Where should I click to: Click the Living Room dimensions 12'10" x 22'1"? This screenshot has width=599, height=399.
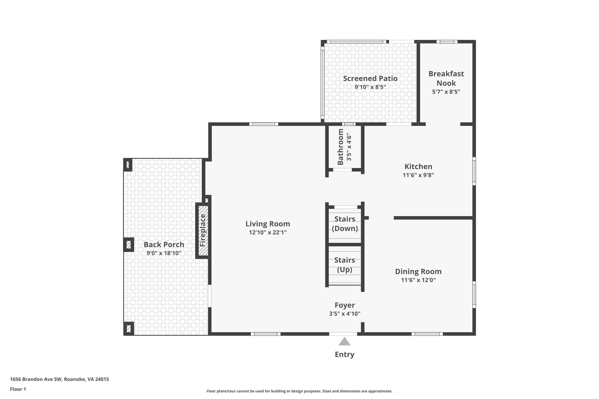[x=268, y=232]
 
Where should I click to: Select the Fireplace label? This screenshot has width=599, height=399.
[x=203, y=230]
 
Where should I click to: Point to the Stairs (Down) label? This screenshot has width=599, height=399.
[x=345, y=224]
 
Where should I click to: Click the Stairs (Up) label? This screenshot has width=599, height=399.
[x=345, y=265]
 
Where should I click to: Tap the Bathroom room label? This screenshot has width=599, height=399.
[x=340, y=147]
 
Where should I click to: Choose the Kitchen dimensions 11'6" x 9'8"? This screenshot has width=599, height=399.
[x=418, y=175]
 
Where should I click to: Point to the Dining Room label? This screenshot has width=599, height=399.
[x=418, y=272]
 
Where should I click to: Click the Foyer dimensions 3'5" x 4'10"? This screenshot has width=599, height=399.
[x=345, y=314]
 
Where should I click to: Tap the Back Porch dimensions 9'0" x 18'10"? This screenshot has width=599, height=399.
[x=164, y=253]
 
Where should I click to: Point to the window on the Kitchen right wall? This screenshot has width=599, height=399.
[x=474, y=171]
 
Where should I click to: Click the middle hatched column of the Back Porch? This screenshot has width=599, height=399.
[x=129, y=245]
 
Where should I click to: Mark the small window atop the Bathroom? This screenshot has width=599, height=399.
[x=349, y=124]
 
